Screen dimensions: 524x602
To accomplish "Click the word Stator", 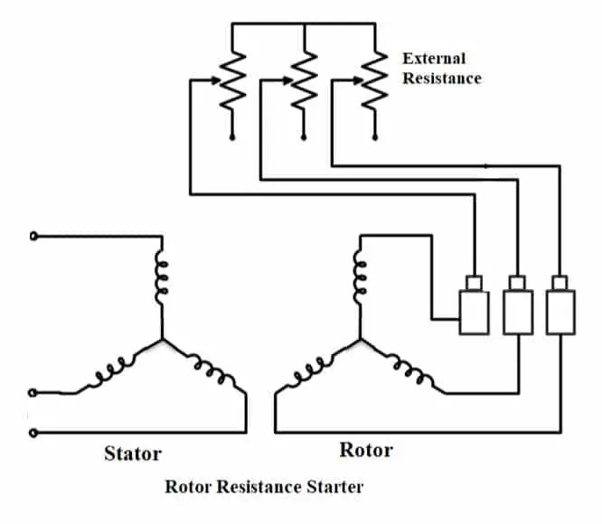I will (132, 454).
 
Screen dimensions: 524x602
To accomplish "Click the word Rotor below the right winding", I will (366, 450).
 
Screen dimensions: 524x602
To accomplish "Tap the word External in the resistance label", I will (434, 59).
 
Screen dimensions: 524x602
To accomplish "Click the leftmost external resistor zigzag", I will (232, 80).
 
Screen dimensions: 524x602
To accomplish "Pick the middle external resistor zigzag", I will (304, 80).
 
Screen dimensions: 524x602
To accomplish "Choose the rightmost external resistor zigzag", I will (372, 80).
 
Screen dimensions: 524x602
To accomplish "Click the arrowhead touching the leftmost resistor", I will (217, 81).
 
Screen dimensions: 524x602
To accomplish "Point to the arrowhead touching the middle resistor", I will (287, 81).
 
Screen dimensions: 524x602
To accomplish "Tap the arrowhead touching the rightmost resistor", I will (357, 81).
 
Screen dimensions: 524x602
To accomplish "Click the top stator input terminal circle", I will (34, 237).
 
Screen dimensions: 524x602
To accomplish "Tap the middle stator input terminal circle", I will (34, 392).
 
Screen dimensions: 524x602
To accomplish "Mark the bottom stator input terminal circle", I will (34, 432).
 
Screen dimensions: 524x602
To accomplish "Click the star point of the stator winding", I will (163, 341).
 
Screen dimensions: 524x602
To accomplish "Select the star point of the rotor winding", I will (361, 341).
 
